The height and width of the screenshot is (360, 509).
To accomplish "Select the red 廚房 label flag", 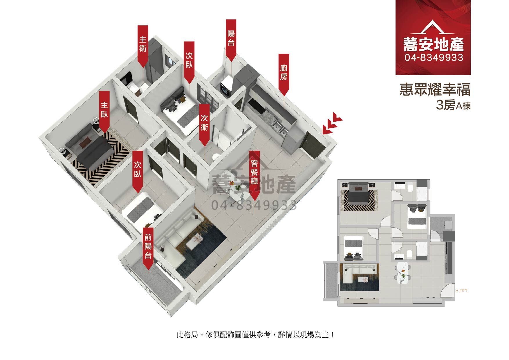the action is (x=284, y=73).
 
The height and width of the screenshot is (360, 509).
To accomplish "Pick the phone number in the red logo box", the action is (x=434, y=58).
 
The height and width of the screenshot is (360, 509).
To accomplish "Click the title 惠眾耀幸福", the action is (x=435, y=90).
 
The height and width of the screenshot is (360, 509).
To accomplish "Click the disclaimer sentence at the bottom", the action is (x=255, y=335).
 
